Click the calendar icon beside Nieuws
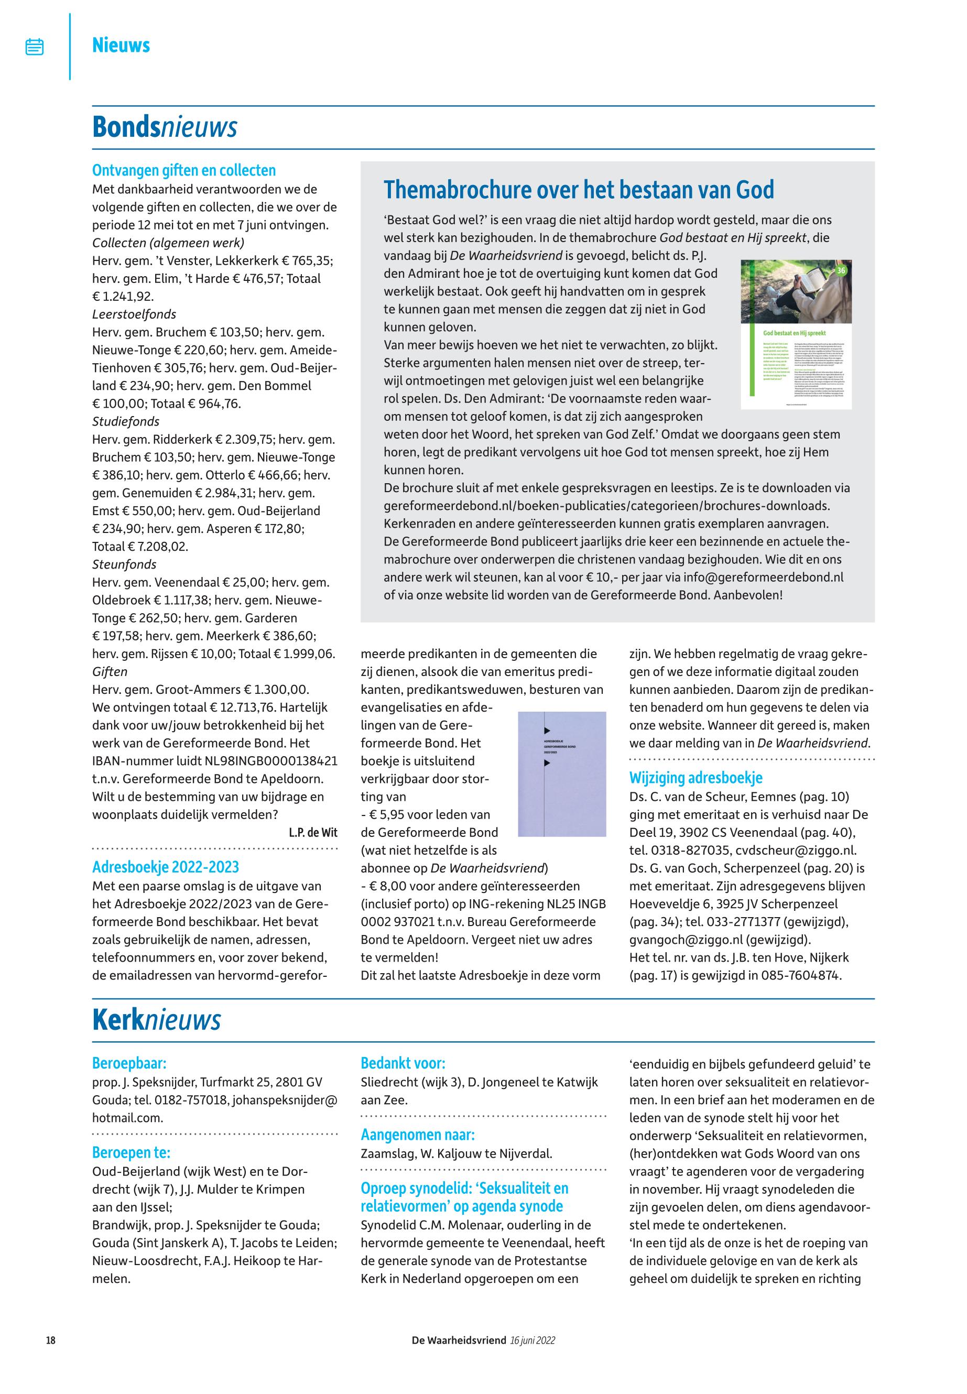point(35,47)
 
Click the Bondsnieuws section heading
point(164,127)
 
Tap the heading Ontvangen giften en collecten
point(183,170)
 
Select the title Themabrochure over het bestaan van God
point(578,190)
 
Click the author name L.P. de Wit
point(313,832)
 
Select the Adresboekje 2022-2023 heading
point(166,867)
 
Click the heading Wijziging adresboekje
point(696,778)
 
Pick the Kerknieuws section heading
point(156,1020)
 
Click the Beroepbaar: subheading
point(129,1063)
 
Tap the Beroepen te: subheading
point(131,1152)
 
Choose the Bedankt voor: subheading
point(403,1063)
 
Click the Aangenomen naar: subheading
point(417,1135)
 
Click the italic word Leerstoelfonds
point(134,314)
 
